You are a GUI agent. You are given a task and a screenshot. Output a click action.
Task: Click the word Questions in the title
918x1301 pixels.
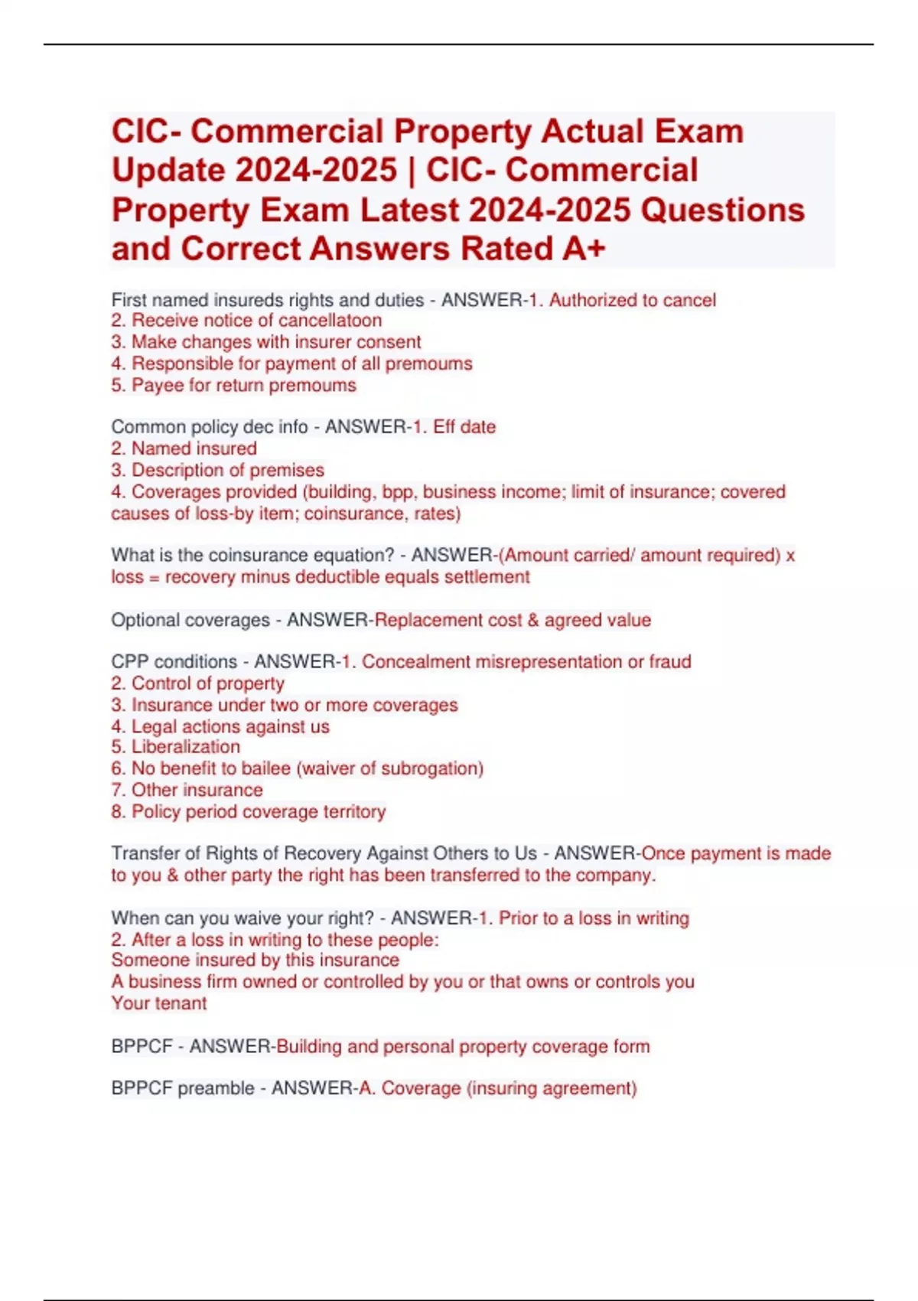coord(722,210)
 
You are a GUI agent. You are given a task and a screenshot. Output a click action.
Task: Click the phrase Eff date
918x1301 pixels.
coord(464,427)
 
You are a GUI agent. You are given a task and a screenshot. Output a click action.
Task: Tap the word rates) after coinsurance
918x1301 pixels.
coord(437,514)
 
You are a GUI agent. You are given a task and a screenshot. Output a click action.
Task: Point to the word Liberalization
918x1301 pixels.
coord(185,747)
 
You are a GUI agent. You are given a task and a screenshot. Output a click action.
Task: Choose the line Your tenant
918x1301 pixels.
coord(159,1003)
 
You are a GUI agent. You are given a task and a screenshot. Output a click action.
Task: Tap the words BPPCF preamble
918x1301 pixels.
coord(183,1088)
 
